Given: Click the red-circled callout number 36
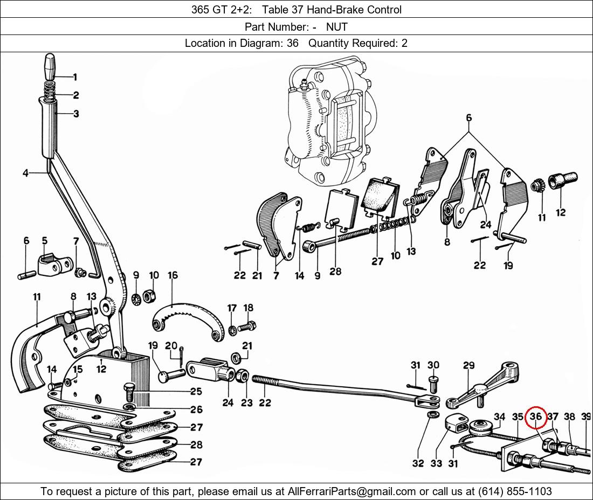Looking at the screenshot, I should tap(535, 416).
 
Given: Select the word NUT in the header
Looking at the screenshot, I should tap(336, 26).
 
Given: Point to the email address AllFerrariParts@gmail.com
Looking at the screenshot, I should tap(352, 491).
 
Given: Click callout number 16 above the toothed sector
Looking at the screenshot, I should tap(173, 276).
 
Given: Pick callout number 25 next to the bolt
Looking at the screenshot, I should tap(196, 392).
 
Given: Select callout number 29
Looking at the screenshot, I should tap(468, 366).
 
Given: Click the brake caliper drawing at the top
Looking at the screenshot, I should tap(329, 124).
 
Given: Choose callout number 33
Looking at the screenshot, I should tap(436, 463).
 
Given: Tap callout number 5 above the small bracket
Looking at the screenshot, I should tap(45, 241).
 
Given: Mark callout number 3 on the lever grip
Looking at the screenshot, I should tap(76, 114).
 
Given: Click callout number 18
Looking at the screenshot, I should tap(248, 308).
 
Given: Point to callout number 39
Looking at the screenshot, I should tap(587, 416).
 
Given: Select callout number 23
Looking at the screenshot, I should tap(246, 402).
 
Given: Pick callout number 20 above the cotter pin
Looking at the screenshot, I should tap(171, 345).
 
